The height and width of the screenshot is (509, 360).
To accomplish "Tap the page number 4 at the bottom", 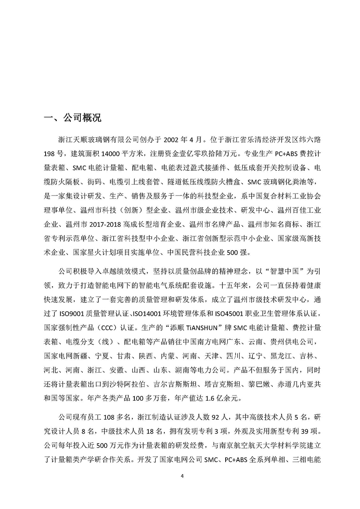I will click(182, 476).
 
